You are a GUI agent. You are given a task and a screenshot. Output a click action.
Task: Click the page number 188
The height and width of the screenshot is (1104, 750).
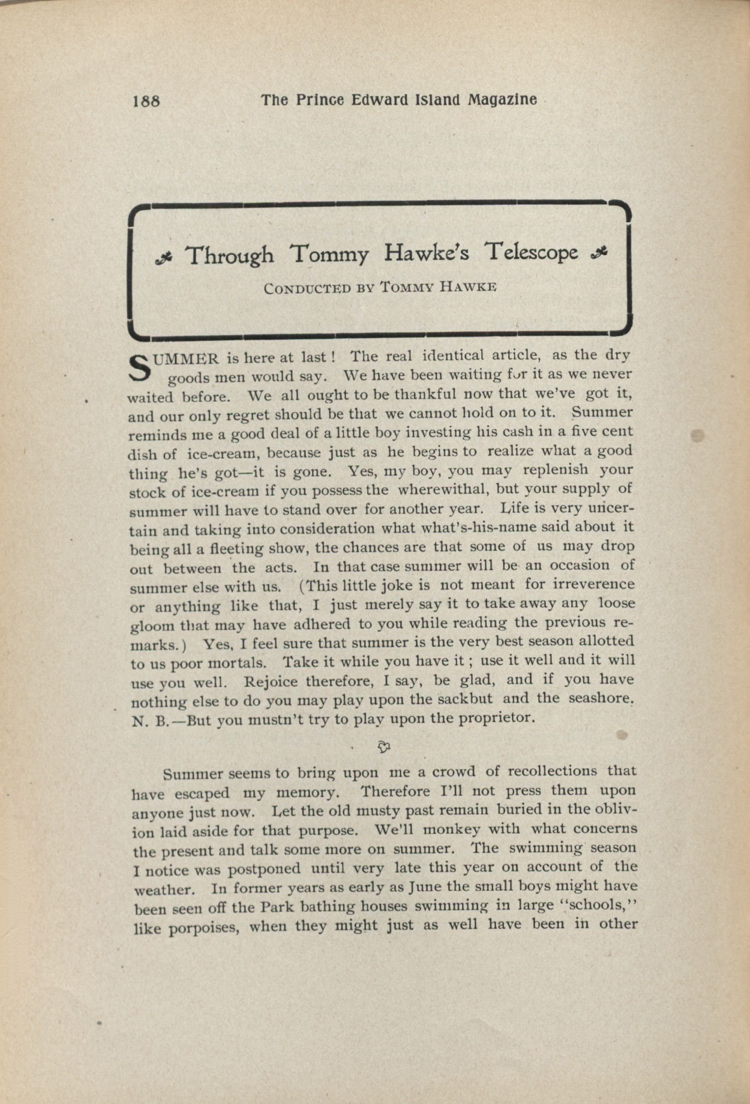147,101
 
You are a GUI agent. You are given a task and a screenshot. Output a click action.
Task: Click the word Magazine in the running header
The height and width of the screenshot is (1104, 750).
503,99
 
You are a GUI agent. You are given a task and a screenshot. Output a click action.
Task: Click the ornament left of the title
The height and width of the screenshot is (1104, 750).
164,257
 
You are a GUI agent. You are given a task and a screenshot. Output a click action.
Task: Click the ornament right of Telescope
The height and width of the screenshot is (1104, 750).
597,253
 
